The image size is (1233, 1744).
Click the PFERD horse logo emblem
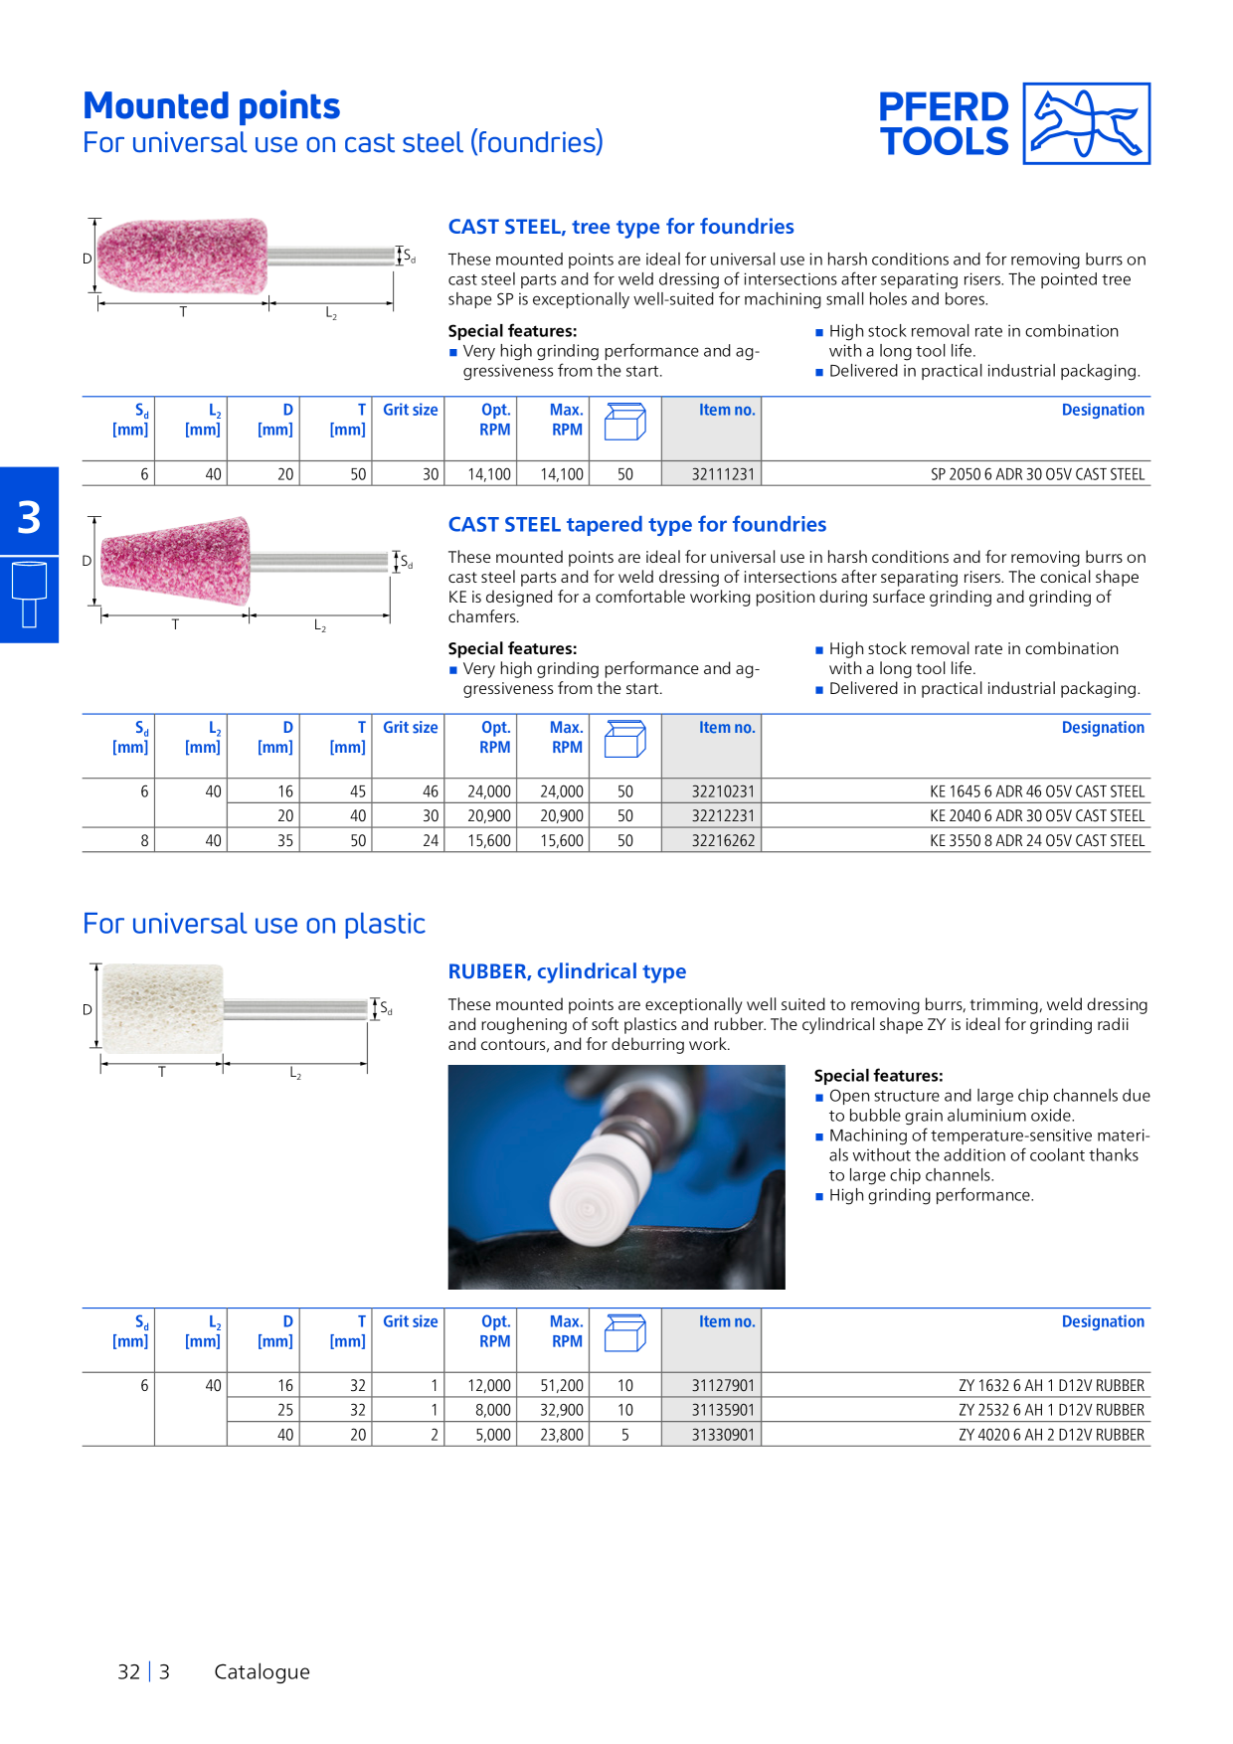(1087, 123)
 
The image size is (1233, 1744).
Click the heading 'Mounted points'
(212, 105)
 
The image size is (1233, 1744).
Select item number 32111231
(723, 474)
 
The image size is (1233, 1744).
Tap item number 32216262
(723, 840)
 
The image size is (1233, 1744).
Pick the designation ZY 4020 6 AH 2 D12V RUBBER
(1051, 1435)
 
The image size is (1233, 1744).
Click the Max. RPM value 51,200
(562, 1385)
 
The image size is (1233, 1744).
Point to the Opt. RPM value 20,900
(489, 815)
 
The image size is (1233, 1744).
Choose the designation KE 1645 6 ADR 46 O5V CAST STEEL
(1037, 791)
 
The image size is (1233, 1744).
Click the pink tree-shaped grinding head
(183, 257)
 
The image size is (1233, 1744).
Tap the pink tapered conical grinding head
(175, 561)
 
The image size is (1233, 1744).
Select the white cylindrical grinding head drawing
(163, 1008)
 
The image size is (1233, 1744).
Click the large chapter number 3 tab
(29, 517)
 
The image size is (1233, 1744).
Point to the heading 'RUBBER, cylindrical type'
(567, 971)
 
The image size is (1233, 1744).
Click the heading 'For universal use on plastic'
(254, 924)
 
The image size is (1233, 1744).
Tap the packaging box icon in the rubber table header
(625, 1332)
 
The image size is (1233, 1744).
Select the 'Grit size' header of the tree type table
(410, 410)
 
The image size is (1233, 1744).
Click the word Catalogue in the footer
(262, 1671)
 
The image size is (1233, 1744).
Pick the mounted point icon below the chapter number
(29, 595)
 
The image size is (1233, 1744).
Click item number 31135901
(723, 1410)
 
